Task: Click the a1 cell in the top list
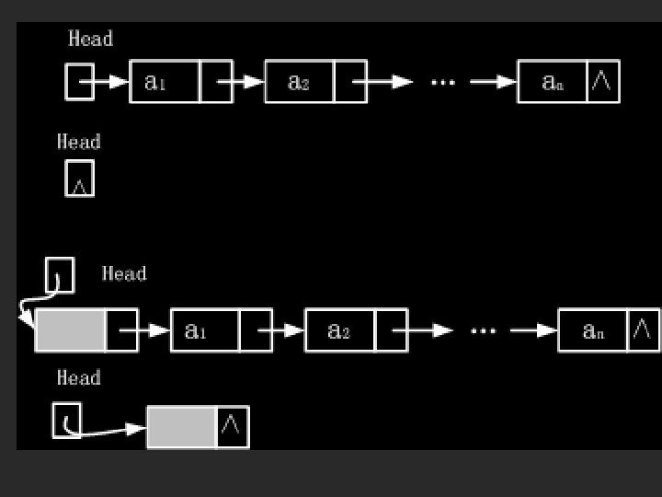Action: point(165,82)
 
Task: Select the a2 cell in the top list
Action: point(299,82)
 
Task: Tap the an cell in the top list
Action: point(552,82)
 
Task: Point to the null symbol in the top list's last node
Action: point(602,82)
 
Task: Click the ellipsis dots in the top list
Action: point(443,82)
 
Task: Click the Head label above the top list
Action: point(91,39)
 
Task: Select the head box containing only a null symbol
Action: point(80,179)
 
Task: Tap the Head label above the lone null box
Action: point(79,142)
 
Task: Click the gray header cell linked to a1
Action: point(71,330)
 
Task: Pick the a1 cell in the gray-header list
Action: point(204,330)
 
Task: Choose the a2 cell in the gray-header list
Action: point(339,330)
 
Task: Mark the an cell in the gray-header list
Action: point(593,330)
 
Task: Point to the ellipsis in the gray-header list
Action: point(484,330)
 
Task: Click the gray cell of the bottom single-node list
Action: point(181,427)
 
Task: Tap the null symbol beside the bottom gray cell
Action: point(233,426)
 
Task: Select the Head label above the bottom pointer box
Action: point(79,378)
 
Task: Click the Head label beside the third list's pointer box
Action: point(124,273)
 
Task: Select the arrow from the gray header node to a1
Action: point(146,330)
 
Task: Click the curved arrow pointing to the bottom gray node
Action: point(110,431)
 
